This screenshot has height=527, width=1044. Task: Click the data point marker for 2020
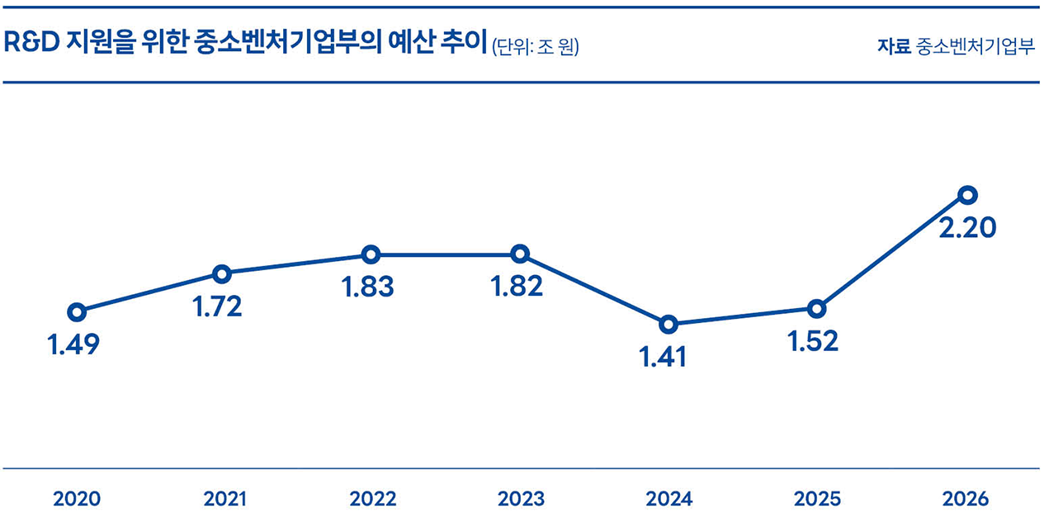click(x=77, y=312)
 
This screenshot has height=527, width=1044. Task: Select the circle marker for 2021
click(x=221, y=273)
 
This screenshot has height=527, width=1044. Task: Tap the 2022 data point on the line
click(x=371, y=254)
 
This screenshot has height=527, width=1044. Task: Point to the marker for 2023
click(x=519, y=254)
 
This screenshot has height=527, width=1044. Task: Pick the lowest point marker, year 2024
click(x=668, y=324)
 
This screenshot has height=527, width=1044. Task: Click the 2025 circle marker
click(x=816, y=309)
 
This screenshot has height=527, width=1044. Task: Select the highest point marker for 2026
click(x=968, y=195)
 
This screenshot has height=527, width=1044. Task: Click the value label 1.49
click(x=73, y=345)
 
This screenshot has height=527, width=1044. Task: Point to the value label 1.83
click(x=367, y=287)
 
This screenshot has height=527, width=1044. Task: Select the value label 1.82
click(x=517, y=287)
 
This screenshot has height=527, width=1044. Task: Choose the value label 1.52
click(x=812, y=341)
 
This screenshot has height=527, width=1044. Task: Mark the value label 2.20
click(x=967, y=228)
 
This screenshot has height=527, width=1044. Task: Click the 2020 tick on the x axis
click(x=77, y=499)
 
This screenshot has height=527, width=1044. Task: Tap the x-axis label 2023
click(x=521, y=499)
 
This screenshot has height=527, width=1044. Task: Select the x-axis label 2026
click(x=965, y=499)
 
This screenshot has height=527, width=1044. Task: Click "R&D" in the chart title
click(x=29, y=44)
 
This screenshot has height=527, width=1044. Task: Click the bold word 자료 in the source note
click(x=893, y=46)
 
